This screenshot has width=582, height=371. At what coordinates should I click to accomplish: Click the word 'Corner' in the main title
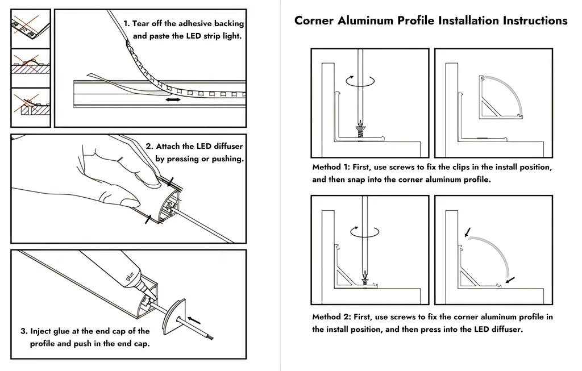click(314, 21)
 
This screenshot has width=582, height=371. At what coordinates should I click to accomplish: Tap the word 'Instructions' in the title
click(534, 21)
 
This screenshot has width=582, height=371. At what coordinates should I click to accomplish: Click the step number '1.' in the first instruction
click(127, 24)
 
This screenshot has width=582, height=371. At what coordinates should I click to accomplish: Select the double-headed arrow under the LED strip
click(173, 100)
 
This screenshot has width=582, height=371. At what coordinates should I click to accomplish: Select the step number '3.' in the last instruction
click(24, 331)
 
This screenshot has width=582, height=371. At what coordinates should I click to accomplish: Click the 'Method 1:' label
click(331, 168)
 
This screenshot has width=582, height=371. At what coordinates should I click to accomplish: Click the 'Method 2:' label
click(331, 317)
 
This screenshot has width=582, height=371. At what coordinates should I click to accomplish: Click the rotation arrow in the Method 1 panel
click(361, 81)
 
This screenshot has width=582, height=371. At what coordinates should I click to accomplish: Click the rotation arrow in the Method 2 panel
click(364, 231)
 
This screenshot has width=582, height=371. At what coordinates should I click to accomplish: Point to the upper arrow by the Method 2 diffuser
click(467, 232)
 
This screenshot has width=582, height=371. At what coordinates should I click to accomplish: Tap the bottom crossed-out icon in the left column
click(30, 107)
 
